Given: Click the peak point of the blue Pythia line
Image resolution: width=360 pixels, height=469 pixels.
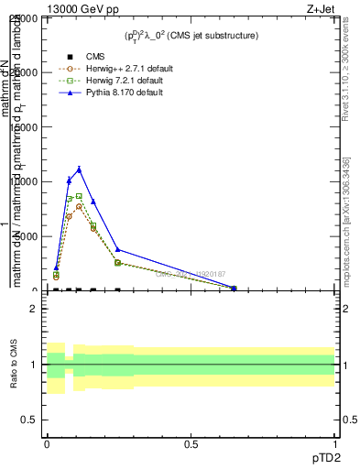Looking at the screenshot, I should coord(80,169).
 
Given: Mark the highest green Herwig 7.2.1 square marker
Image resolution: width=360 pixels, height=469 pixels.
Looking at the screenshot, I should coord(80,196).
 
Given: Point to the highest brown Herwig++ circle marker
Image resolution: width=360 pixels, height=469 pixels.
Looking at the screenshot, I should coord(80,207).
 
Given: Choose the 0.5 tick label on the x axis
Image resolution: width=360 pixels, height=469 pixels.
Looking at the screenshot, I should coord(191,444).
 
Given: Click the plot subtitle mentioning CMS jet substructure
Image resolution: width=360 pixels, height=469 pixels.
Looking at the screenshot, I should coord(191,36).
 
